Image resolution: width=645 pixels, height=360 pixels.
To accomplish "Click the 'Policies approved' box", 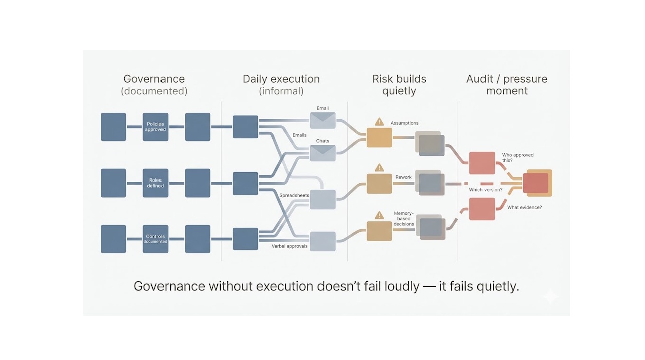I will tap(155, 127).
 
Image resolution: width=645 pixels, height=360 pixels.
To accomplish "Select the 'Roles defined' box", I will tap(155, 183).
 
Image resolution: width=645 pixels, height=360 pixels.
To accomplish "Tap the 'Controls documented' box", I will tap(155, 239).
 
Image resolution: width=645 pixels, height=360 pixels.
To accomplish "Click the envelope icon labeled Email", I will tap(322, 120).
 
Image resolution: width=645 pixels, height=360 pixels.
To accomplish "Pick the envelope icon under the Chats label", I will tap(322, 153).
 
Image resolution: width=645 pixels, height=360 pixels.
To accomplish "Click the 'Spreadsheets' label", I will tap(294, 195).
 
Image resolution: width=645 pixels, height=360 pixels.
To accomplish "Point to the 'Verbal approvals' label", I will tap(289, 246).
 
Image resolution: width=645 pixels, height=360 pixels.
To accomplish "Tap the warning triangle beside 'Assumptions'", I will tap(379, 122).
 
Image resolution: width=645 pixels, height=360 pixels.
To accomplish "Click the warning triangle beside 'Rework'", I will tap(379, 167).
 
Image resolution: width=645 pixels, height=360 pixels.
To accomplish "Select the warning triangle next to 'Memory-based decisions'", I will tap(379, 215).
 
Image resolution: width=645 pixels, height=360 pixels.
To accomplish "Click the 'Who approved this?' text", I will tap(517, 158).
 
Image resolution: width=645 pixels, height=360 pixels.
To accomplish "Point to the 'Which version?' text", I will tap(485, 190).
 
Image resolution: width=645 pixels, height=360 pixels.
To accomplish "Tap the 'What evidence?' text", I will tap(524, 207).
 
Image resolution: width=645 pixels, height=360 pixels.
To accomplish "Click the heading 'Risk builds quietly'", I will tap(399, 85).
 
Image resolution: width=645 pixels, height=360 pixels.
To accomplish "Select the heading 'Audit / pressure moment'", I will tap(507, 85).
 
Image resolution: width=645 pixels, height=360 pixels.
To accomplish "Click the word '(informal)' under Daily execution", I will tap(281, 91).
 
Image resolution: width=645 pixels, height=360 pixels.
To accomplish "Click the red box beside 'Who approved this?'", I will tap(482, 163).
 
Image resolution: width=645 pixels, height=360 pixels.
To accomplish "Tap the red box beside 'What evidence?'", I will tap(482, 209).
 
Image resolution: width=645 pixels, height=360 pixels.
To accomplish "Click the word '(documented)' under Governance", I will tap(154, 91).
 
